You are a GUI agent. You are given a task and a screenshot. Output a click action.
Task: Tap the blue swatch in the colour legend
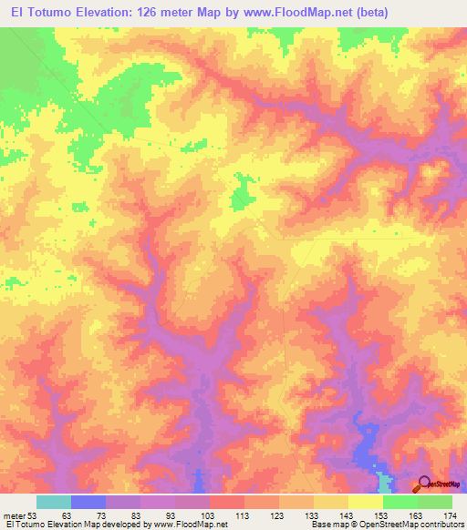coord(88,502)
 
